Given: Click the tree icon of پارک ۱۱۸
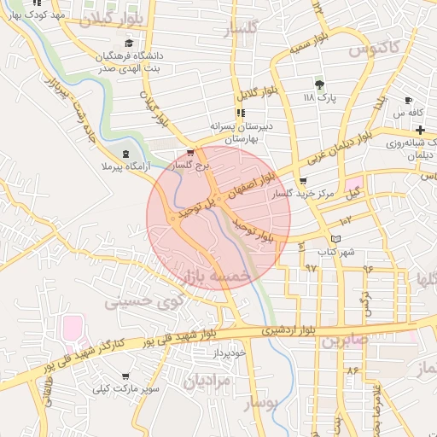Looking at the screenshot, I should (320, 84).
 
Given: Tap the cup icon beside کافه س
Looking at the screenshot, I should (409, 100).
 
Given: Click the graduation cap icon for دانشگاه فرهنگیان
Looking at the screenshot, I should (129, 44).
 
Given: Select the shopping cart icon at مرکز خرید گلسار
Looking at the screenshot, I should (303, 181).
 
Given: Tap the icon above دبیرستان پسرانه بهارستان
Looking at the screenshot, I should (241, 112).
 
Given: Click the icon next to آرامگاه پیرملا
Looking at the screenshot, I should (126, 154).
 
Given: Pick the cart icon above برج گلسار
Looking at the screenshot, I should (190, 153).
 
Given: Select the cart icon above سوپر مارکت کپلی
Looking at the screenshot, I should (125, 376).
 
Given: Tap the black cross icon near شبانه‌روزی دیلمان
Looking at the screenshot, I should (421, 129).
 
